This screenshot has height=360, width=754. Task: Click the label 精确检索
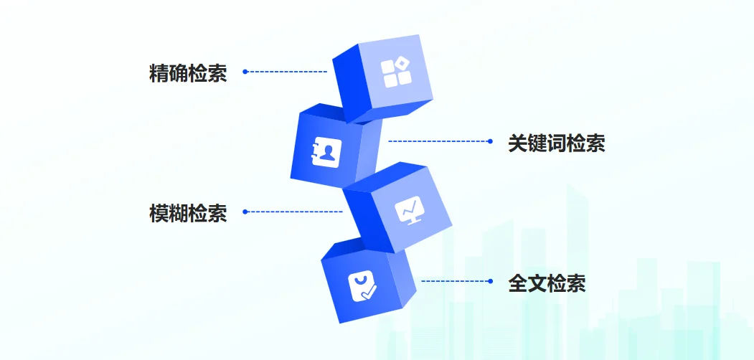pos(188,74)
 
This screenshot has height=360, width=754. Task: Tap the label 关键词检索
pos(557,143)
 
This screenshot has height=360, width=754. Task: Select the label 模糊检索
pos(188,214)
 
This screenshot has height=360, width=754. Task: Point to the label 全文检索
pos(547,283)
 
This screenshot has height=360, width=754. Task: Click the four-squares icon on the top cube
pos(397,73)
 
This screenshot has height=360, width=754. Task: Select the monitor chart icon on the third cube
pos(409,210)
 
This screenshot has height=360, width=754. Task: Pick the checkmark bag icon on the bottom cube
pos(362,286)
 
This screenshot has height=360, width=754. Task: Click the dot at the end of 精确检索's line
pos(245,72)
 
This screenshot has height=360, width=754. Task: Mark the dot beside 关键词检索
pos(490,141)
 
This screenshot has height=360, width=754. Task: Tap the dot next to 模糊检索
pos(245,212)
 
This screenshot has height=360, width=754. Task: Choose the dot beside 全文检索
pos(491,281)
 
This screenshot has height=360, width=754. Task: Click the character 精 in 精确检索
pos(159,74)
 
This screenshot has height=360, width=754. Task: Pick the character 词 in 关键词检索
pos(557,143)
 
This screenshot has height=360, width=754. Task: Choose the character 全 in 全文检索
pos(518,283)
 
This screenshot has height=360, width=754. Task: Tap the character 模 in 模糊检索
pos(159,214)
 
